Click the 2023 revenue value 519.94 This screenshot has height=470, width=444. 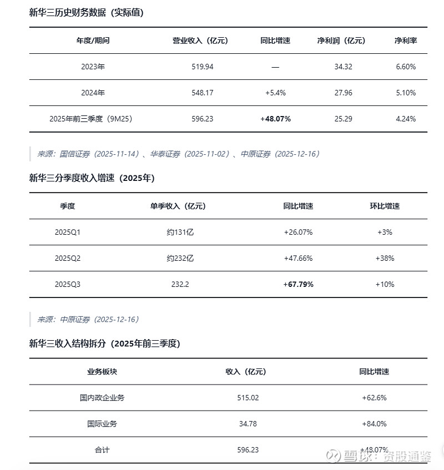click(201, 67)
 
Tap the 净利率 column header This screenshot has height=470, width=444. click(405, 41)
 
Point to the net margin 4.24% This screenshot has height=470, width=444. click(405, 119)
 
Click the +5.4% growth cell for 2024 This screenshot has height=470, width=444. click(275, 93)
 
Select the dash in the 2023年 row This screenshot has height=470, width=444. click(275, 67)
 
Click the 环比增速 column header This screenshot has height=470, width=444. click(385, 206)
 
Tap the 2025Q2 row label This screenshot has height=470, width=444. click(68, 258)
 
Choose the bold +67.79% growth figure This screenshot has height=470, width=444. click(298, 284)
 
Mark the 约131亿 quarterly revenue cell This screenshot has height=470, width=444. click(178, 232)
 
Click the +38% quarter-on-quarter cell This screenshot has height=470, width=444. click(385, 258)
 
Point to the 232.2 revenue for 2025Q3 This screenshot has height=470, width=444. click(178, 284)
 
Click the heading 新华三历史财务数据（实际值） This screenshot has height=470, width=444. click(86, 12)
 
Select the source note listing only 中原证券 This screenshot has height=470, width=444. click(88, 319)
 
